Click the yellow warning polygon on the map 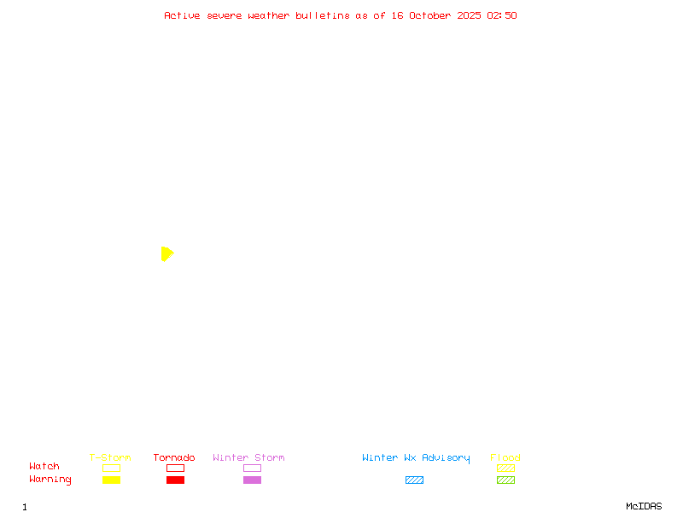[x=166, y=253]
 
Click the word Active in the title [x=182, y=15]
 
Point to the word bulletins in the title [x=323, y=15]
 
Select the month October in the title [x=429, y=15]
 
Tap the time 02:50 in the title [x=502, y=15]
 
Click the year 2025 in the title [x=469, y=15]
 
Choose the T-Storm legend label [x=110, y=458]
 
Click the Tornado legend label [x=174, y=458]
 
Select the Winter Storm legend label [x=248, y=458]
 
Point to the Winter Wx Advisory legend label [x=416, y=458]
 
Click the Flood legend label [x=505, y=458]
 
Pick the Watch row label [x=44, y=467]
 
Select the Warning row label [x=50, y=480]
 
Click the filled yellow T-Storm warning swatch [x=111, y=480]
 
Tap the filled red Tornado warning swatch [x=175, y=480]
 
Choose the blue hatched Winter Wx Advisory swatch [x=414, y=480]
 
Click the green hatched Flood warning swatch [x=505, y=480]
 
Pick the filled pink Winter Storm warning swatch [x=252, y=480]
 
